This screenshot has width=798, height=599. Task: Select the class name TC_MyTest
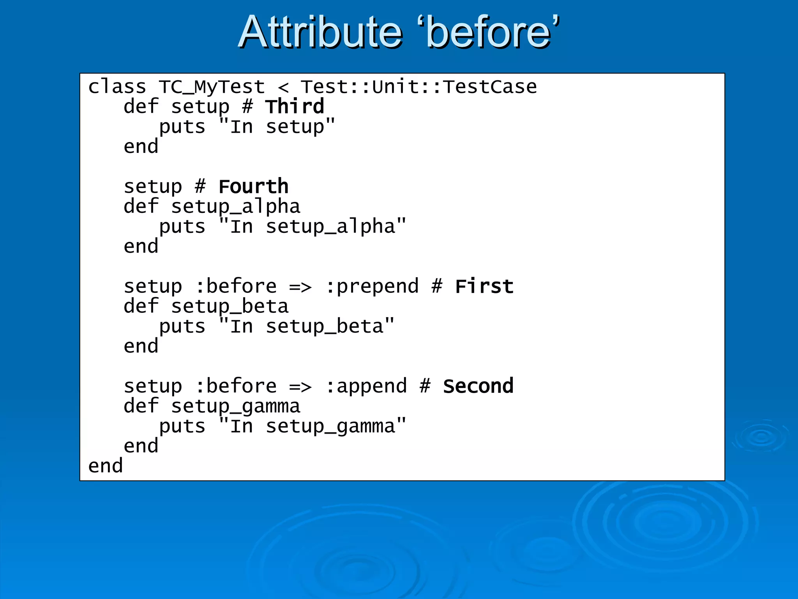pos(212,87)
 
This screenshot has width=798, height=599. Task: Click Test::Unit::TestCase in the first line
pos(418,87)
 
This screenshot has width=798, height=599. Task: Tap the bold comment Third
pos(295,106)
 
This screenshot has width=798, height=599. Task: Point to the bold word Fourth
pos(253,186)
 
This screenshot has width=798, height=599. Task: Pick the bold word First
pos(484,286)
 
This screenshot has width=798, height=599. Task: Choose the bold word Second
pos(478,386)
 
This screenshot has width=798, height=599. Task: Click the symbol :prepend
pos(372,287)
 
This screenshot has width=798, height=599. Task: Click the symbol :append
pos(366,386)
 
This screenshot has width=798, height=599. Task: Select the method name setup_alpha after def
pos(235,207)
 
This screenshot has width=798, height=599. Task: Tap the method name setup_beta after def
pos(230,307)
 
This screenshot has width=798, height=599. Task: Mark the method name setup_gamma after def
pos(235,406)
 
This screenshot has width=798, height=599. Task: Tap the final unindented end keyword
pos(105,466)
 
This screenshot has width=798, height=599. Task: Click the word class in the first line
pos(117,87)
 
